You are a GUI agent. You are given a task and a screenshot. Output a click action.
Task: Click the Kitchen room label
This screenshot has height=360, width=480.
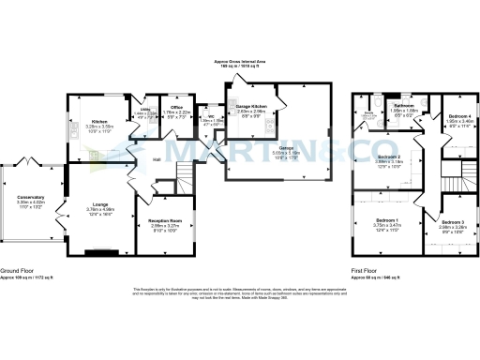point(98,120)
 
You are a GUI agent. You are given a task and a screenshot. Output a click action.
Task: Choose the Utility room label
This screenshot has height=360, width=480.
point(145,109)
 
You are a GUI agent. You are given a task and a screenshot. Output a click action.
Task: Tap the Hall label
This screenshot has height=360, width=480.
point(159,157)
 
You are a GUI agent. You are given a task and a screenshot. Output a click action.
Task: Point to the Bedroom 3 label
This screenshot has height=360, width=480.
point(451,220)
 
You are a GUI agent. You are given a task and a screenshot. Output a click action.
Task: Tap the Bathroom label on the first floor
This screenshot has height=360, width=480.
point(404,105)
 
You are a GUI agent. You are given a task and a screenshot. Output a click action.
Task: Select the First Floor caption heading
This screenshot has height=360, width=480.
point(365,269)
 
